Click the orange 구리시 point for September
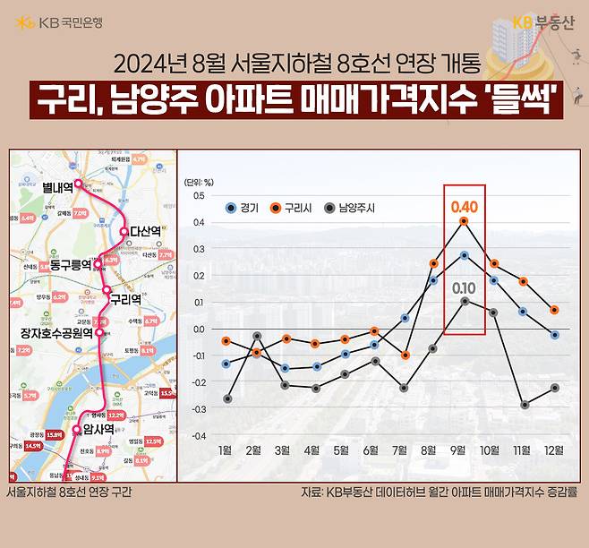464,221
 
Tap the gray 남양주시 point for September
464,302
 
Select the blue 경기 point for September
464,255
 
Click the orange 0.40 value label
464,206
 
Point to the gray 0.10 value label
464,287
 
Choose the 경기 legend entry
243,208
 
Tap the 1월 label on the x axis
226,448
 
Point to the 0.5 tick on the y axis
199,195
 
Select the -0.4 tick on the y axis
197,436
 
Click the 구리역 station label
126,297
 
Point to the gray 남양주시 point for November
524,405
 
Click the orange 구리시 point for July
405,355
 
